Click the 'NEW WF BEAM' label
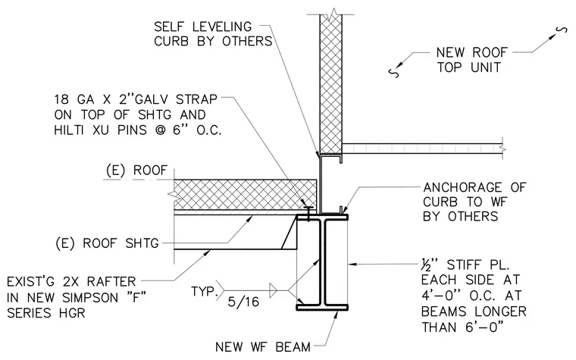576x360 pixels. coord(263,346)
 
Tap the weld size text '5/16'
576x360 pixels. coord(243,302)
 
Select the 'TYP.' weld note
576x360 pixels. coord(203,291)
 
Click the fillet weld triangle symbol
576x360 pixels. coord(273,290)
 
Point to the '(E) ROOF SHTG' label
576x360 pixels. coord(108,243)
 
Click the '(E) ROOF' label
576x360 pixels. coord(136,170)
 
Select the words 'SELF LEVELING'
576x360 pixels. coord(203,27)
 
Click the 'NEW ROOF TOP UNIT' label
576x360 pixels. coord(471,60)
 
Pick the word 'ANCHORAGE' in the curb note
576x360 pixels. coord(462,187)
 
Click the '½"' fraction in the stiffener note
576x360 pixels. coord(430,265)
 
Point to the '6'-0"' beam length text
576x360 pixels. coord(484,327)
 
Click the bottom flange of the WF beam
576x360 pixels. coord(322,307)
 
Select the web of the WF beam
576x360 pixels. coord(322,262)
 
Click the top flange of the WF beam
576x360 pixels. coord(322,217)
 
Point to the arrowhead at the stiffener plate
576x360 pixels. coord(352,264)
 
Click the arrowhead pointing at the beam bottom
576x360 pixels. coord(336,315)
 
